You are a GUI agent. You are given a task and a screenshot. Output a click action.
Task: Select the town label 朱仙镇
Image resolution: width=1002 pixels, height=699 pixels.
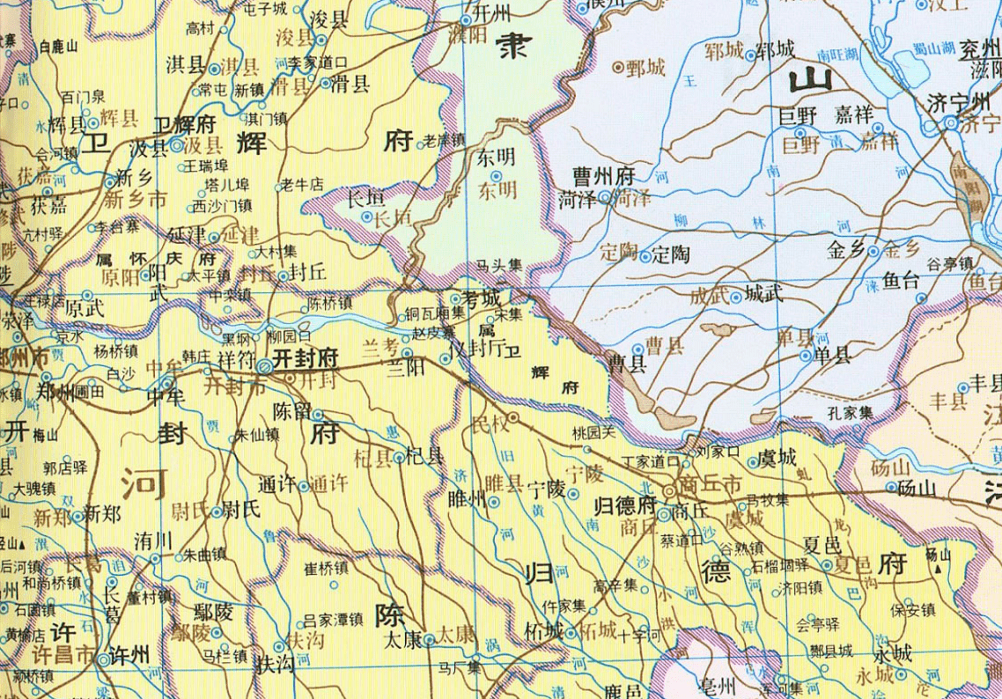pyautogui.click(x=254, y=434)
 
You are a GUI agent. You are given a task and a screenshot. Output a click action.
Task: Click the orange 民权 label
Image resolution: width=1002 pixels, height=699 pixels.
pyautogui.click(x=490, y=424)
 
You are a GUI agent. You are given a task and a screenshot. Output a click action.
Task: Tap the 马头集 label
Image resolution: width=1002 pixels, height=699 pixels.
pyautogui.click(x=499, y=263)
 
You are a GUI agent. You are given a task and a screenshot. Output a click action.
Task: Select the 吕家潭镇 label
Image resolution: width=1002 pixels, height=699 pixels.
pyautogui.click(x=333, y=620)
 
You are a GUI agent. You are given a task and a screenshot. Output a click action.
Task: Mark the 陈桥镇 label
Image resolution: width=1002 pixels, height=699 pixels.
pyautogui.click(x=330, y=303)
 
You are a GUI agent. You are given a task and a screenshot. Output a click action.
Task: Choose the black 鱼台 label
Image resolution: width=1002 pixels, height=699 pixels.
pyautogui.click(x=901, y=282)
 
